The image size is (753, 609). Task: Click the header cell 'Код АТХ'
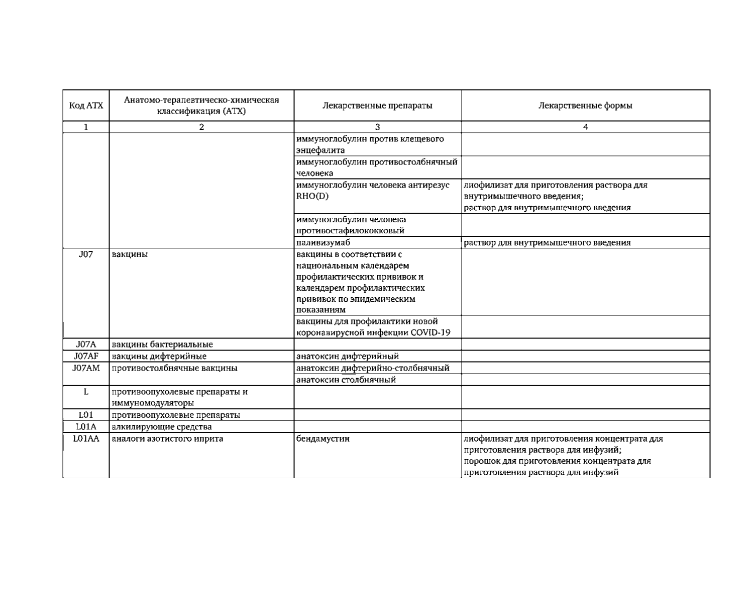pos(86,106)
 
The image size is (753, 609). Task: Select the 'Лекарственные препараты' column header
pos(377,106)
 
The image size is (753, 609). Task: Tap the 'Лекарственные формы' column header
pos(585,106)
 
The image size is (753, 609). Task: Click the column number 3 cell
pos(377,127)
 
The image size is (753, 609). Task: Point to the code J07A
pos(86,344)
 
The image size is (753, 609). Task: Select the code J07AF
pos(86,356)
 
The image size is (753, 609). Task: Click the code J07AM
pos(86,368)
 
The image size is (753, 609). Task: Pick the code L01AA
pos(86,439)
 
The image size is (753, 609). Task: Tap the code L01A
pos(86,427)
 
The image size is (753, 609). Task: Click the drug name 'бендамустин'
pos(323,439)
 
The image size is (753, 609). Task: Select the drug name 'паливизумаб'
pos(323,242)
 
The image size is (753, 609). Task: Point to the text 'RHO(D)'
pos(312,196)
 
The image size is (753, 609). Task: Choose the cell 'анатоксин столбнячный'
pos(346,380)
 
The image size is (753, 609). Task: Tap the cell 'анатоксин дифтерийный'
pos(348,356)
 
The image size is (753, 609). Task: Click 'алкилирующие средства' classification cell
pos(161,427)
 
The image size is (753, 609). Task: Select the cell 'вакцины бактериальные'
pos(162,344)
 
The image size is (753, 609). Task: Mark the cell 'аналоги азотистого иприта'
pos(167,439)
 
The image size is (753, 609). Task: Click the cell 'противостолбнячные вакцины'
pos(174,368)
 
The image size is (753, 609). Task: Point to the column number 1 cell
pos(86,127)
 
